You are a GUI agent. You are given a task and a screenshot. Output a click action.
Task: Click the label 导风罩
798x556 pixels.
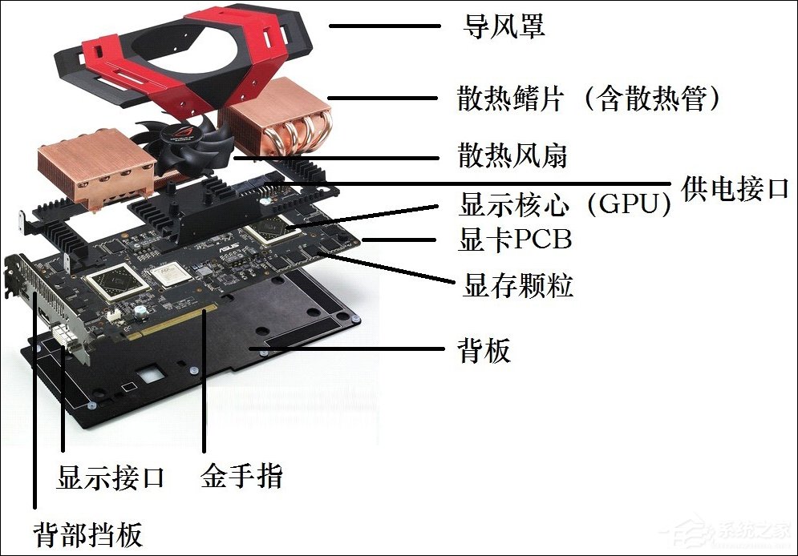[504, 26]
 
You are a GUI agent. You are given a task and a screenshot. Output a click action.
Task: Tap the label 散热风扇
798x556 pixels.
[512, 155]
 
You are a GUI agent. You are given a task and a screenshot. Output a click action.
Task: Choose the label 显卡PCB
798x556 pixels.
[515, 240]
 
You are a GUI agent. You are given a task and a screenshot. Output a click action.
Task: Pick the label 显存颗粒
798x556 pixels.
[517, 285]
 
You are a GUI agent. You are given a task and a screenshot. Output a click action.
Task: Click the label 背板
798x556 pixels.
[484, 350]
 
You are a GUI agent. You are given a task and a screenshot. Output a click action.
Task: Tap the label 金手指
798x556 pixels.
[241, 477]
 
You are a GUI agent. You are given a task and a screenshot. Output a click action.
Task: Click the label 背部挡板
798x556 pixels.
[87, 534]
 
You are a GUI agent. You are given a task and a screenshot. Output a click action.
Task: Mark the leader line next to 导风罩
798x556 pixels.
[384, 26]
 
